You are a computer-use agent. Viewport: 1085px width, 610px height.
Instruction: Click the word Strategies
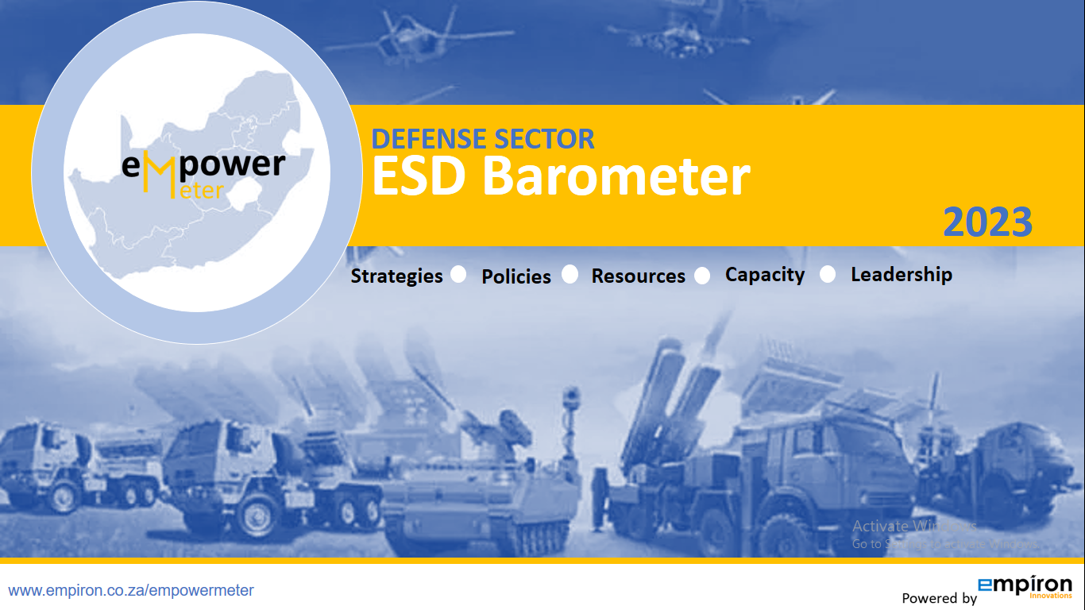396,276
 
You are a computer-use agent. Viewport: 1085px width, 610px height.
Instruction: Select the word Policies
516,276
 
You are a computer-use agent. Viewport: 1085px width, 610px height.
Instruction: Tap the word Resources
638,276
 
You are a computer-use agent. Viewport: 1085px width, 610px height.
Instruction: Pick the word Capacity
764,275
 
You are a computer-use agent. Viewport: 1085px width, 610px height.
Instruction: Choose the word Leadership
901,275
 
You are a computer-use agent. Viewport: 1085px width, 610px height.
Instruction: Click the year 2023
987,222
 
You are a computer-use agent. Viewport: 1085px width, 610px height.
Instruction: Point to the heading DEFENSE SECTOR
483,139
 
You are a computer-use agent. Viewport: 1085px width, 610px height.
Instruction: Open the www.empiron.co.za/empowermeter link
131,590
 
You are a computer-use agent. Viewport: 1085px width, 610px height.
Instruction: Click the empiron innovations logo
1025,586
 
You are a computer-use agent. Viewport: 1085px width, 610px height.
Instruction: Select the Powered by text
939,598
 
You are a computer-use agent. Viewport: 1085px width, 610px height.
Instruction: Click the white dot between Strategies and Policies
458,274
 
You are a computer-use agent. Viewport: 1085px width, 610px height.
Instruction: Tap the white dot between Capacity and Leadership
828,274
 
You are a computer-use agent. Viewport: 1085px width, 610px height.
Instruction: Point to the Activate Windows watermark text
913,526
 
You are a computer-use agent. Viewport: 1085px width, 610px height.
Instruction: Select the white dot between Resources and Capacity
702,276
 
